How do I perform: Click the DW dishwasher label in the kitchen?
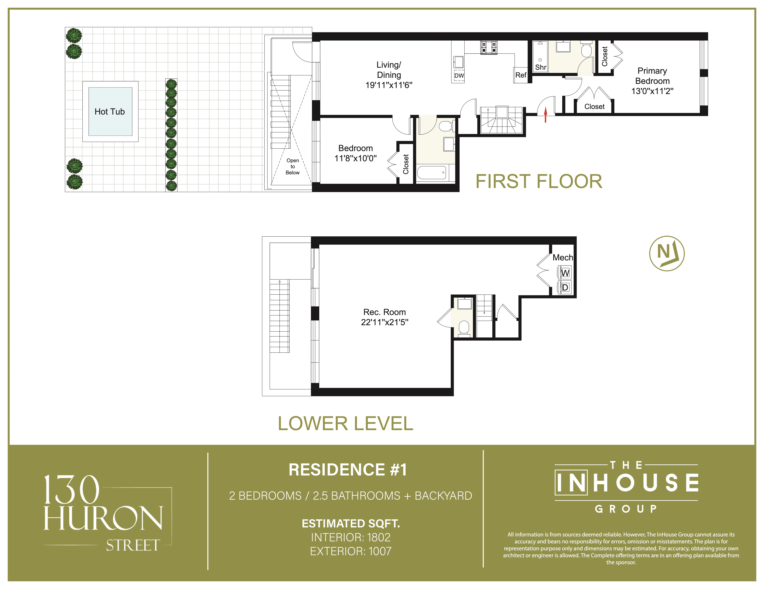click(x=459, y=76)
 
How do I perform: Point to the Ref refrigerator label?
click(x=521, y=75)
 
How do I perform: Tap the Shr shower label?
click(x=540, y=67)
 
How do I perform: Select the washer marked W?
click(x=565, y=273)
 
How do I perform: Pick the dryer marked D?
click(x=565, y=287)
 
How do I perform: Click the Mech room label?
click(x=562, y=258)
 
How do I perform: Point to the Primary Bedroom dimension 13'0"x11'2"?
click(x=652, y=91)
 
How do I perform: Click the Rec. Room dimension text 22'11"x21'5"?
click(x=384, y=322)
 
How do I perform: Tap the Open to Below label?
click(x=292, y=166)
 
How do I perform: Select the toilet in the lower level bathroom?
click(x=464, y=328)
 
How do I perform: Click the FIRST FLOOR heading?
click(x=539, y=182)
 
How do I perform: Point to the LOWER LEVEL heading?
click(x=345, y=424)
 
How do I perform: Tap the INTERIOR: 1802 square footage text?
click(x=351, y=537)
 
